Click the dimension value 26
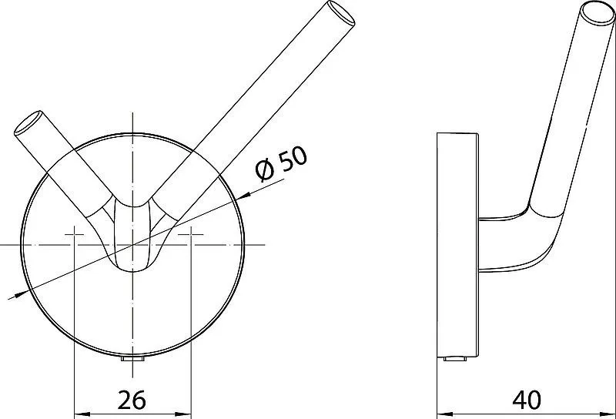pyautogui.click(x=132, y=400)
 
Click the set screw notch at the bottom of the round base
pyautogui.click(x=132, y=359)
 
